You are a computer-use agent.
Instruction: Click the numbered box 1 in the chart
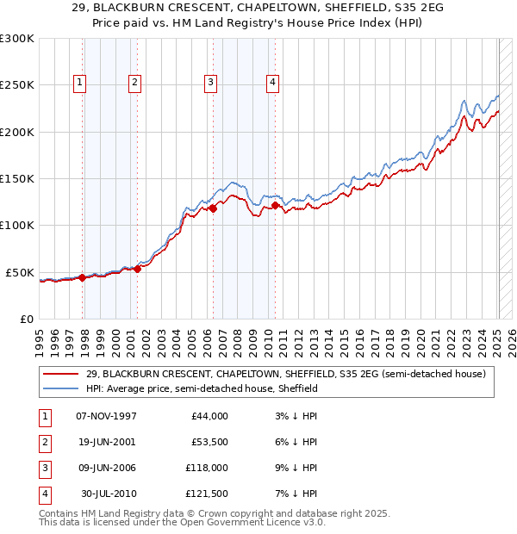pyautogui.click(x=79, y=83)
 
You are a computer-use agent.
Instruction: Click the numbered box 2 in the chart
pyautogui.click(x=135, y=83)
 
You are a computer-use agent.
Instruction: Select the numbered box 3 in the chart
pyautogui.click(x=210, y=83)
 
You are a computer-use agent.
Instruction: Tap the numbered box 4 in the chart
pyautogui.click(x=272, y=83)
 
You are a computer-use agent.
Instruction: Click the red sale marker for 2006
pyautogui.click(x=213, y=208)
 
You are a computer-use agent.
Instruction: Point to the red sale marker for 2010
pyautogui.click(x=276, y=205)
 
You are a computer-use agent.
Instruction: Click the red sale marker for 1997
pyautogui.click(x=83, y=277)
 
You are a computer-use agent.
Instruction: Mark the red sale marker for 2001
pyautogui.click(x=138, y=269)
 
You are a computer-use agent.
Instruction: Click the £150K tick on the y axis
pyautogui.click(x=17, y=178)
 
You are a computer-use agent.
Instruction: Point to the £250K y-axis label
pyautogui.click(x=17, y=85)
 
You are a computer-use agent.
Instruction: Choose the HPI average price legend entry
pyautogui.click(x=202, y=388)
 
